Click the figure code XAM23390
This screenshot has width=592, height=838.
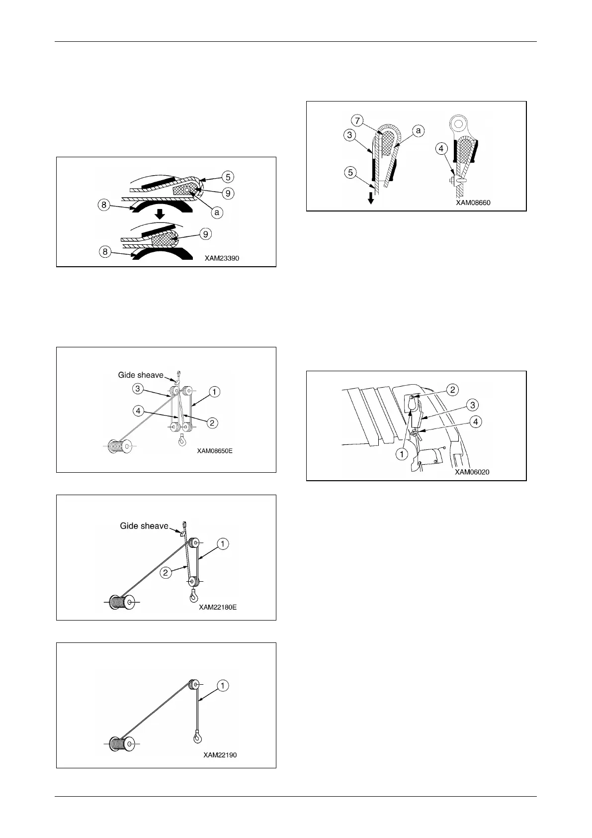(x=222, y=259)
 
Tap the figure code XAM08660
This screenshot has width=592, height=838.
(x=473, y=203)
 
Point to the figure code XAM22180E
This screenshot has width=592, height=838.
(x=218, y=607)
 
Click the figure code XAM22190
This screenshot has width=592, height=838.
(x=220, y=755)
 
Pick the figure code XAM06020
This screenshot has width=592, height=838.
(x=472, y=472)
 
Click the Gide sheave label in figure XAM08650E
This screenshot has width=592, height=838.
(x=141, y=375)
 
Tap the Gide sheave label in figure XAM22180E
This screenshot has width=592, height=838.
(x=144, y=526)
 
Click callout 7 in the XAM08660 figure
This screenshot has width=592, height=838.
(x=358, y=120)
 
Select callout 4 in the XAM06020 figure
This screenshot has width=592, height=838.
(x=476, y=422)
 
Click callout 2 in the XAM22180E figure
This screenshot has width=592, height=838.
(x=166, y=573)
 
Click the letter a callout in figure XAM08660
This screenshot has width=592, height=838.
(x=419, y=131)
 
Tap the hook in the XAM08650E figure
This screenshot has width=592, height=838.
(x=182, y=440)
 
